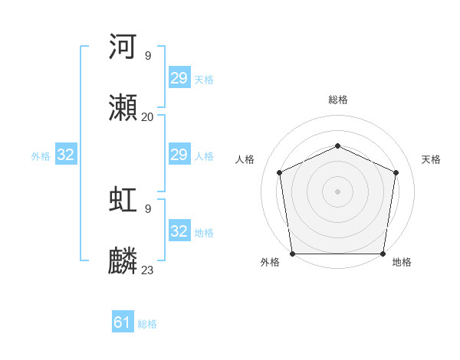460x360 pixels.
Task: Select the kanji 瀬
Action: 123,108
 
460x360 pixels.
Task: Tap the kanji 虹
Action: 123,199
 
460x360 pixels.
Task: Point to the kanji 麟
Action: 123,261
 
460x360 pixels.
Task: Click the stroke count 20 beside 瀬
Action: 147,116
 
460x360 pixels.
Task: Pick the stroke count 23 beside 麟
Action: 147,270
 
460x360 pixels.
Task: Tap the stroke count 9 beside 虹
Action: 147,208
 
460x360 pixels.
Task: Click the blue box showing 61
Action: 123,322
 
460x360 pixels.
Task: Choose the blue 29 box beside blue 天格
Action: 179,78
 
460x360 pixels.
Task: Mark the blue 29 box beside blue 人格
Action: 179,155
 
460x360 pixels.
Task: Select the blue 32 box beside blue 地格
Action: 179,231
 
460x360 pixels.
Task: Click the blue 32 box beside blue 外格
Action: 66,155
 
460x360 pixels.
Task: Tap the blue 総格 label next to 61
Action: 147,324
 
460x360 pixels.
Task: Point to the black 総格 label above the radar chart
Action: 337,100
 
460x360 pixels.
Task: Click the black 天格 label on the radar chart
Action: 431,159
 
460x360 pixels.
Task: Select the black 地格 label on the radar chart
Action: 402,262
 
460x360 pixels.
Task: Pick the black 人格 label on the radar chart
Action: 245,159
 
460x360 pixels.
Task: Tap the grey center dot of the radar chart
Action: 337,191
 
